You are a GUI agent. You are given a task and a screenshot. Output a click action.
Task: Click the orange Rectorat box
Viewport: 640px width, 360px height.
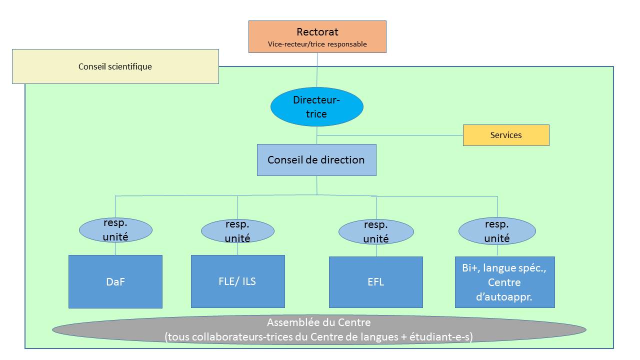coord(317,36)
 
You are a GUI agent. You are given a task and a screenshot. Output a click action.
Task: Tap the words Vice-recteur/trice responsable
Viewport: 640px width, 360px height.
coord(317,44)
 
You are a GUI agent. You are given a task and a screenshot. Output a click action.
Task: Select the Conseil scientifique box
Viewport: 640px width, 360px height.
coord(115,66)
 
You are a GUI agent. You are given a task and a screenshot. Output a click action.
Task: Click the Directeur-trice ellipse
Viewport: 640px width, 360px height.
coord(317,106)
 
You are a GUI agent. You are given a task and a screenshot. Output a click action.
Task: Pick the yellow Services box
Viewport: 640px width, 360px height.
coord(506,135)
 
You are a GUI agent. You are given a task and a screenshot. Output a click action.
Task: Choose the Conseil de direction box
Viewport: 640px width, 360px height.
coord(316,159)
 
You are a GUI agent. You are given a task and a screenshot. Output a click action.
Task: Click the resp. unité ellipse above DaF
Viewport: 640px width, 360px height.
coord(115,230)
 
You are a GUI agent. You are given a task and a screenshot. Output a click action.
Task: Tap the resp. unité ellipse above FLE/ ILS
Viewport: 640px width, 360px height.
coord(237,231)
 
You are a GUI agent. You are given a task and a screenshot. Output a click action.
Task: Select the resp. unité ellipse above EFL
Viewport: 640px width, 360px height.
coord(376,231)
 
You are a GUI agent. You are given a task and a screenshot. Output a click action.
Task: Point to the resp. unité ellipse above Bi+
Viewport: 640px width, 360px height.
coord(497,231)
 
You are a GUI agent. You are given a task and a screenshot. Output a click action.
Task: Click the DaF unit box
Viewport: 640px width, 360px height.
coord(115,281)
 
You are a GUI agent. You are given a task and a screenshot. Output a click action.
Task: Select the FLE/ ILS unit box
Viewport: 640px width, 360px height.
coord(237,281)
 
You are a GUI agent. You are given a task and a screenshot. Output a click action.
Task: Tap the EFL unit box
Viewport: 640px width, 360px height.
coord(376,282)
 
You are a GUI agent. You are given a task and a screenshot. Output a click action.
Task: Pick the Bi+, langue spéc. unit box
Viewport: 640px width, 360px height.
coord(505,282)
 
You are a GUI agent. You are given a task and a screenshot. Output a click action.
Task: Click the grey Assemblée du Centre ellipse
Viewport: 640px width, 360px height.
coord(319,329)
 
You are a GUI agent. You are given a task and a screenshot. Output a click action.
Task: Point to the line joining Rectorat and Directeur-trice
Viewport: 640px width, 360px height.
coord(317,70)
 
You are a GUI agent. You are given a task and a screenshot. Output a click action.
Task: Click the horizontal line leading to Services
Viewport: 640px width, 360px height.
coord(390,135)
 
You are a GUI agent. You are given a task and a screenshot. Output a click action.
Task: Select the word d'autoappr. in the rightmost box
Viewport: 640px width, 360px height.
coord(504,297)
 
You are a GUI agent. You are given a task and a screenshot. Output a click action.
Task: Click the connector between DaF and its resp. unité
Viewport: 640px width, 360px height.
coord(115,249)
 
